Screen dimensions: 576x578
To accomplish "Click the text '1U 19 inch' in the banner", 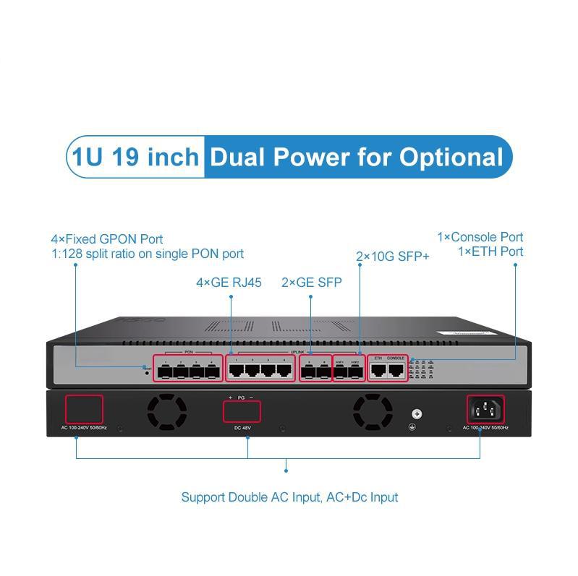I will point(135,157).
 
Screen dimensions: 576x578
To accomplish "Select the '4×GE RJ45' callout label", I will point(229,283).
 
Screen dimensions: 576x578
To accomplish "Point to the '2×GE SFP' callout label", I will point(311,283).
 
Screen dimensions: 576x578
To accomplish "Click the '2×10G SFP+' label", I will point(393,256).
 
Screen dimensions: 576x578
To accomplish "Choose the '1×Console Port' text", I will point(480,237).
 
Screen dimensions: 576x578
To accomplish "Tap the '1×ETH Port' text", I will point(490,252).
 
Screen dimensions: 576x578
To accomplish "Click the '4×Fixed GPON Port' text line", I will point(107,238).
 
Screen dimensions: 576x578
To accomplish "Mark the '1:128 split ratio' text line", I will point(147,254).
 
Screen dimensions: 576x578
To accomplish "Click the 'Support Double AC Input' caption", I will point(289,497).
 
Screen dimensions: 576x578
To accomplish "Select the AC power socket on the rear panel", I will point(487,410).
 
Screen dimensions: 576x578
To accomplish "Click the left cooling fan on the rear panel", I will point(167,411).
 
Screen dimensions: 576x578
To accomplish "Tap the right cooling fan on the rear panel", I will point(373,411).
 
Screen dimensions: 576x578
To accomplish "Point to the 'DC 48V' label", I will point(242,428).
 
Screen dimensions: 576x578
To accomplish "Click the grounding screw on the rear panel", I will point(416,414).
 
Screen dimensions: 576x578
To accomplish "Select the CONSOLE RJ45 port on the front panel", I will point(395,371).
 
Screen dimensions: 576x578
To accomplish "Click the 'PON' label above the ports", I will point(189,352).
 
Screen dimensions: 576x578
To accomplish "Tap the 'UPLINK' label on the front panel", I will point(297,352).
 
